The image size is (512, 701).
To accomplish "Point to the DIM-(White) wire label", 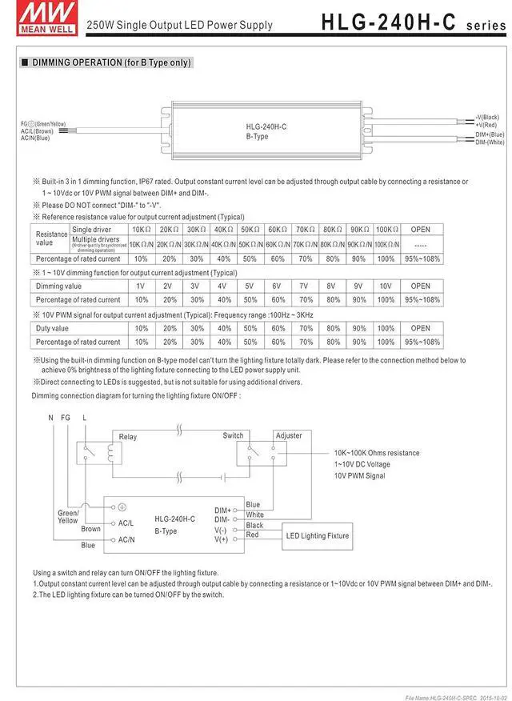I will coord(490,142).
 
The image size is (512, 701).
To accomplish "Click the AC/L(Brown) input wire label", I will coord(37,130).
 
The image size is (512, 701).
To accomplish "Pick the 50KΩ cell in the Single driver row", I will coord(250,230).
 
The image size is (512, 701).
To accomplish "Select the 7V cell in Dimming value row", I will coord(303,286).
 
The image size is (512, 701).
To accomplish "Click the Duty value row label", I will coord(53,328).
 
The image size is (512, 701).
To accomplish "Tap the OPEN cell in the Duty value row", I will coord(420,328).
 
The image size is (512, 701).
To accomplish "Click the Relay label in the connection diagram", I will coord(128,437).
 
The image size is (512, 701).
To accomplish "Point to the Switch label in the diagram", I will coord(233,435).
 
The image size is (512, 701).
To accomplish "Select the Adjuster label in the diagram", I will coord(289,435).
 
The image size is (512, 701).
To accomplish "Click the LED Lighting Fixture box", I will coord(318,535).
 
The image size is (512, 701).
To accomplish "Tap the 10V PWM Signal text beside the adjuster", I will coord(359,476).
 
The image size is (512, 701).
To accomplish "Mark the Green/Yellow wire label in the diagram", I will coord(67,516).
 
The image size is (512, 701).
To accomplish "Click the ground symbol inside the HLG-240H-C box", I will coord(122,507).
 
